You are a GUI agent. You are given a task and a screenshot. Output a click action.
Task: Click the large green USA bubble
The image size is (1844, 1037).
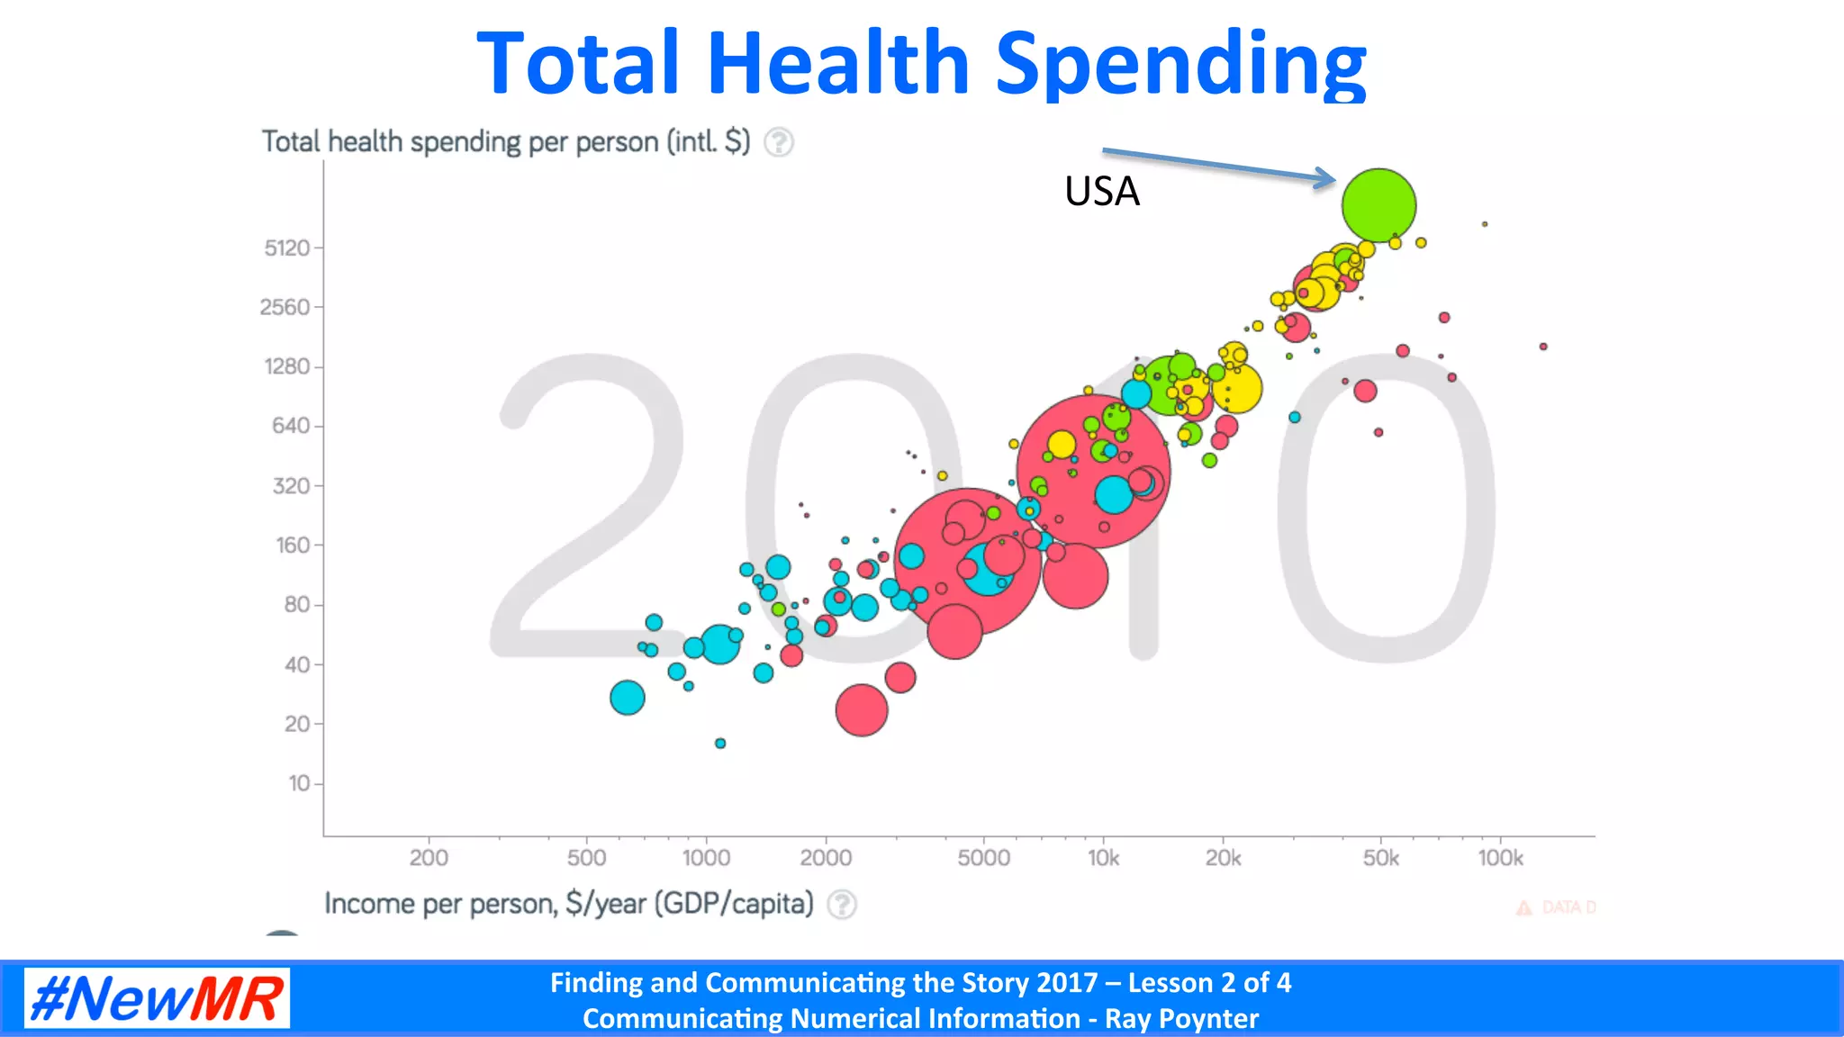1378,205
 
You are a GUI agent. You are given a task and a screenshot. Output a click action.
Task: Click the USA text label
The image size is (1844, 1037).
1102,192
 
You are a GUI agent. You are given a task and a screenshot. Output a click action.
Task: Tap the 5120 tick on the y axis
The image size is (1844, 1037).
287,248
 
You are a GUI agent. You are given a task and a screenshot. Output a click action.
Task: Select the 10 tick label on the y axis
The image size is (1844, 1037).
298,783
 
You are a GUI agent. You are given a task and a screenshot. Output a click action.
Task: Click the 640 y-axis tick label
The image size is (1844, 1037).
290,426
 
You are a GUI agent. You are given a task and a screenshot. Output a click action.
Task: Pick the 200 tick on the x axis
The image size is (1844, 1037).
429,858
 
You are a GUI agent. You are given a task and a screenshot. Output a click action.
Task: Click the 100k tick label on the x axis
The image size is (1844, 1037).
1500,858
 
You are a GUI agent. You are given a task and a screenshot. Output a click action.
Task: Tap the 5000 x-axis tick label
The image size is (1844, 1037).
983,858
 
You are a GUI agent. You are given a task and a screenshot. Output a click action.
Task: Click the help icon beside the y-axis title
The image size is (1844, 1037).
779,142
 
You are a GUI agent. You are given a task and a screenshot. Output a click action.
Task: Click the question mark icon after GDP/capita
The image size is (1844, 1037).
842,904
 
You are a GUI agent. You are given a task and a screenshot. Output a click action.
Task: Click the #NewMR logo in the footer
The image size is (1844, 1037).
157,998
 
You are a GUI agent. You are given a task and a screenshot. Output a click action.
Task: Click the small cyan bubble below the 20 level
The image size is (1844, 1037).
720,744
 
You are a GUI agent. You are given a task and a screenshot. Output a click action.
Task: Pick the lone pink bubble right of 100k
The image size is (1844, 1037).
1543,347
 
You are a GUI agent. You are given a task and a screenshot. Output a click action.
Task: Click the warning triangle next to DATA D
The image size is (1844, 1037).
1523,907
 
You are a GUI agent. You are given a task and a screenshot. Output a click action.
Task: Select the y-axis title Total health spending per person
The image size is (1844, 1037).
505,142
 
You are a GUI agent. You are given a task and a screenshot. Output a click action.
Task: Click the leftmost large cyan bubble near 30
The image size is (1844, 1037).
628,697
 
